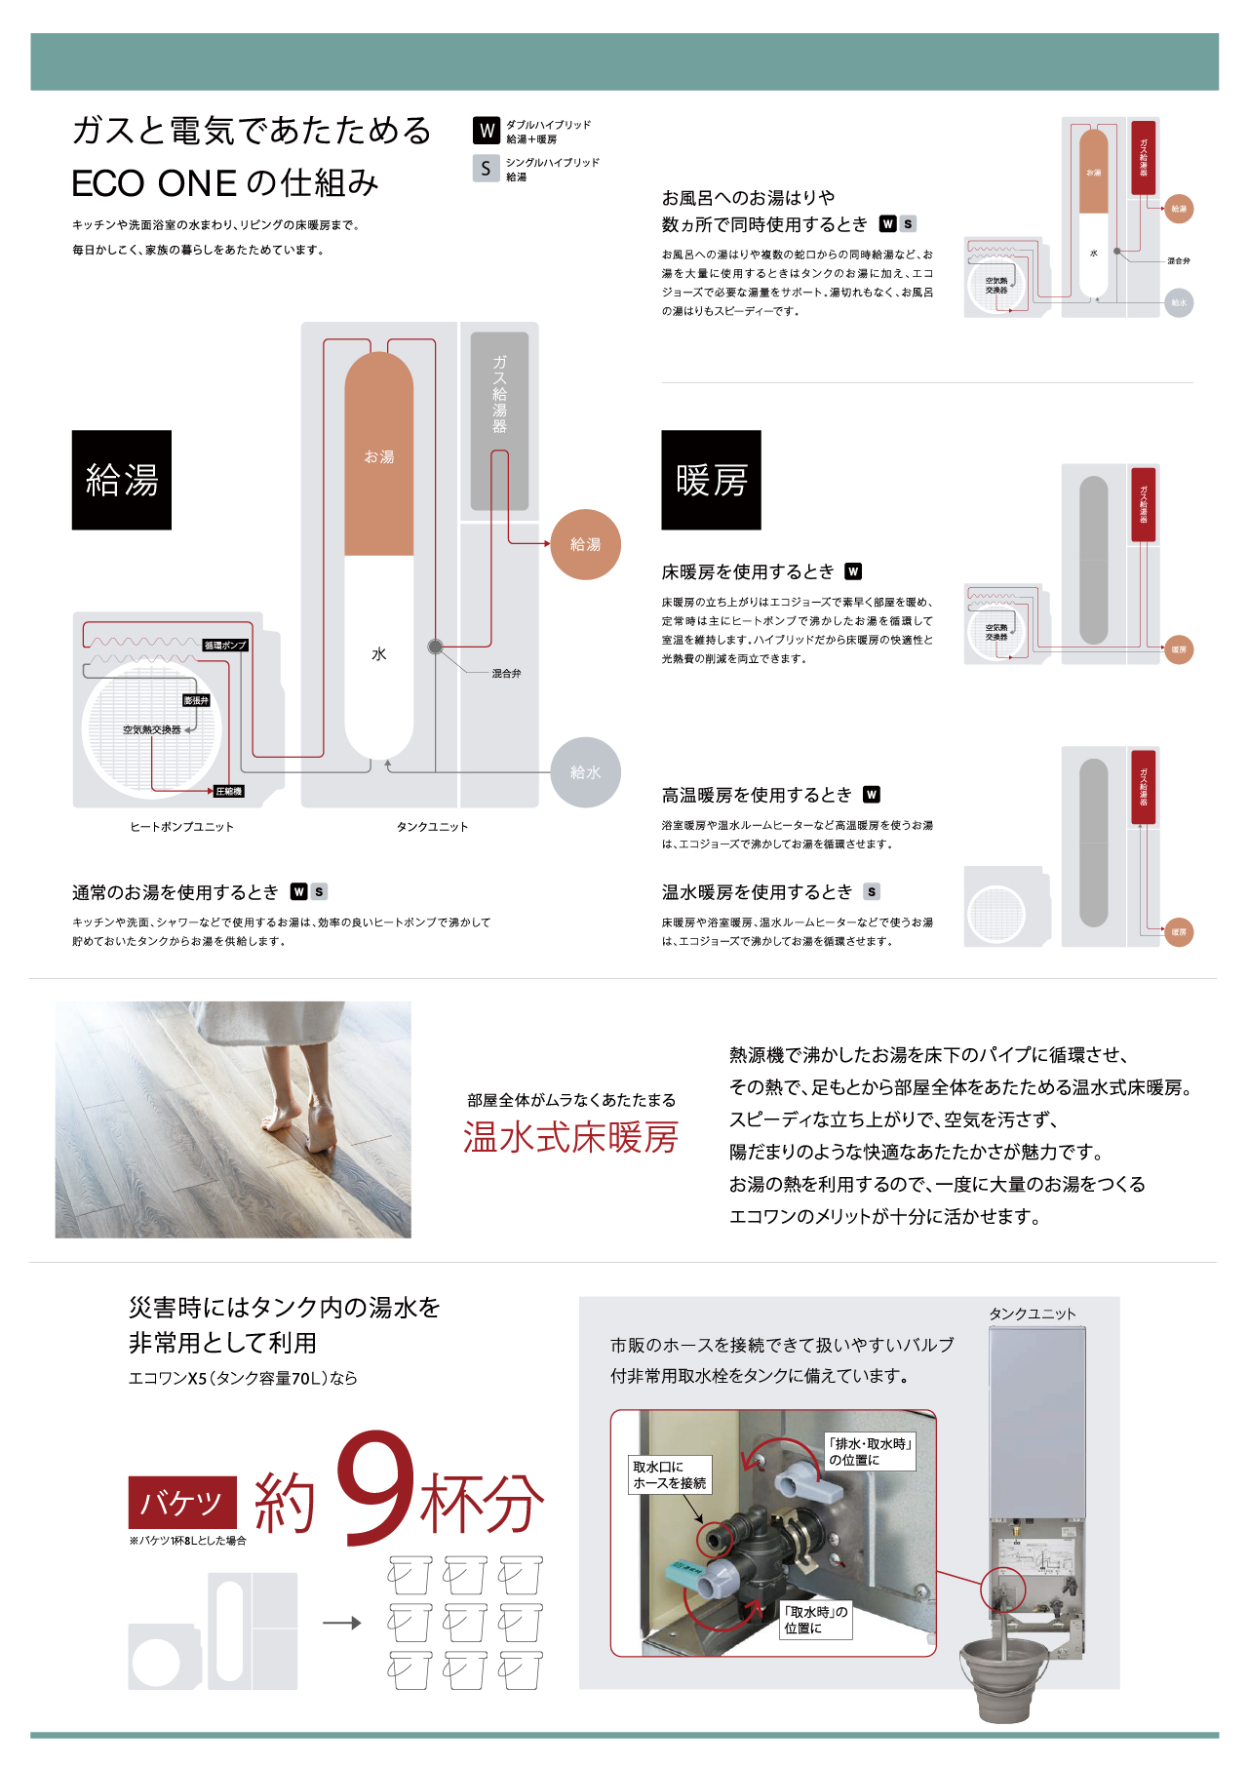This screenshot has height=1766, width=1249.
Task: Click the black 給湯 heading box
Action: tap(122, 480)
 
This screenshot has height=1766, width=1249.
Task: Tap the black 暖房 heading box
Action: tap(711, 480)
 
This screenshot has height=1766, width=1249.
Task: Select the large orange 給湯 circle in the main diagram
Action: tap(585, 544)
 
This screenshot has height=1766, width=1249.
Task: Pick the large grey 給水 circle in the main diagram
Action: tap(585, 772)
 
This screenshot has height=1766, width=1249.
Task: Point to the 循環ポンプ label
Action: tap(225, 646)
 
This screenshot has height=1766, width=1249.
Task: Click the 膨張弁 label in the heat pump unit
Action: tap(196, 700)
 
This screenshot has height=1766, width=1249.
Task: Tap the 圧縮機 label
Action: tap(228, 791)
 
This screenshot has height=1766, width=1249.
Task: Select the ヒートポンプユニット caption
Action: tap(182, 827)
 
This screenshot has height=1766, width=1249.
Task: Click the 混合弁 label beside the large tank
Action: tap(506, 674)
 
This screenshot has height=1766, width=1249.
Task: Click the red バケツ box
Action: tap(182, 1503)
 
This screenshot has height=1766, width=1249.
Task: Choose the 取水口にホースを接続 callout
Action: tap(670, 1474)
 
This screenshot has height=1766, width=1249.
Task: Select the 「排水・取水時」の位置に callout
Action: tap(869, 1451)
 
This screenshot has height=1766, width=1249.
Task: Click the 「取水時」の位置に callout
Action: tap(816, 1620)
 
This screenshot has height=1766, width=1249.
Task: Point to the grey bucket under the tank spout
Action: tap(1003, 1677)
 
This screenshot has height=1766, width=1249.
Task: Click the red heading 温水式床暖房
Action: tap(570, 1138)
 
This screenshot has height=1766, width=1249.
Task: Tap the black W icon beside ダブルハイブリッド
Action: tap(487, 131)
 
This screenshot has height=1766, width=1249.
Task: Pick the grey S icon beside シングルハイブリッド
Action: tap(486, 169)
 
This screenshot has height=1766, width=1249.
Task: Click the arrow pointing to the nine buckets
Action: tap(342, 1623)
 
